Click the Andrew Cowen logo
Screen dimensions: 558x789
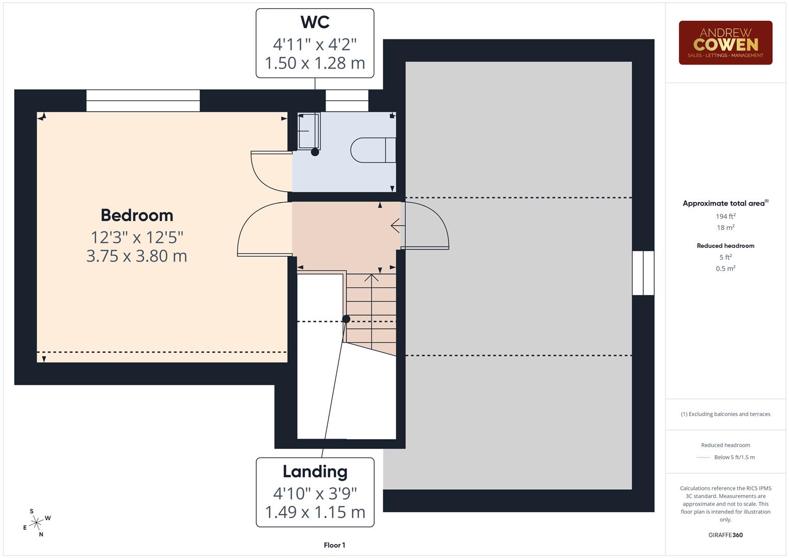[725, 43]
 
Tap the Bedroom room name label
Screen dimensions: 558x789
[137, 215]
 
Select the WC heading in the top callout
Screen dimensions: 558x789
[315, 22]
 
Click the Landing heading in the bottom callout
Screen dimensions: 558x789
[315, 472]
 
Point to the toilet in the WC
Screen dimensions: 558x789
[373, 150]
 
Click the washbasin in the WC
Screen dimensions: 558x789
[308, 131]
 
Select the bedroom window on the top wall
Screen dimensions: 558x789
[143, 100]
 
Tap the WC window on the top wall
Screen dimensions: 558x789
[347, 100]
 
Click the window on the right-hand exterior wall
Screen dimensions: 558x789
[643, 273]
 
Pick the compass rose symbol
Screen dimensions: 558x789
[36, 523]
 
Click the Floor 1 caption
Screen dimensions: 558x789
[334, 545]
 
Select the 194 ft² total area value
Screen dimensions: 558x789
[725, 216]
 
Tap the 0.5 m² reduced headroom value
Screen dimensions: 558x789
[725, 269]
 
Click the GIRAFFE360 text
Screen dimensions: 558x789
[725, 535]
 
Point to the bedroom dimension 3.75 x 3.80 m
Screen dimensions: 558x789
[137, 256]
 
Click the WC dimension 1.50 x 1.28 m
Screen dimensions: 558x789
[315, 63]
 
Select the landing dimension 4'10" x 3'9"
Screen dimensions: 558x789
[315, 493]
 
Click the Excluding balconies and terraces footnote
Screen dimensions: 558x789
[725, 414]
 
